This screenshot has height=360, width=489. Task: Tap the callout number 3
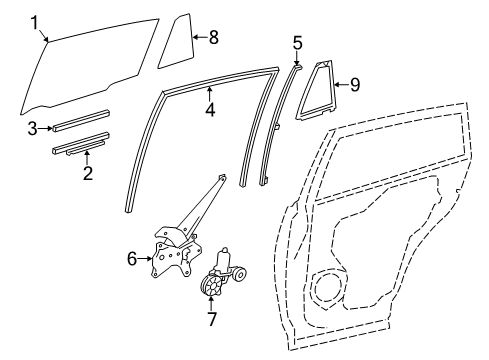coord(33,128)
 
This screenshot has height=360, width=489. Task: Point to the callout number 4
coord(210,110)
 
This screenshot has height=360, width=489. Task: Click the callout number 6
coord(131,259)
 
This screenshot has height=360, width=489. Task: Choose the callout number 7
coord(211,319)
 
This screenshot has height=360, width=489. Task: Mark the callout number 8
coord(211,37)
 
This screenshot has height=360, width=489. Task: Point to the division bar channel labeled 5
coord(280,120)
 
